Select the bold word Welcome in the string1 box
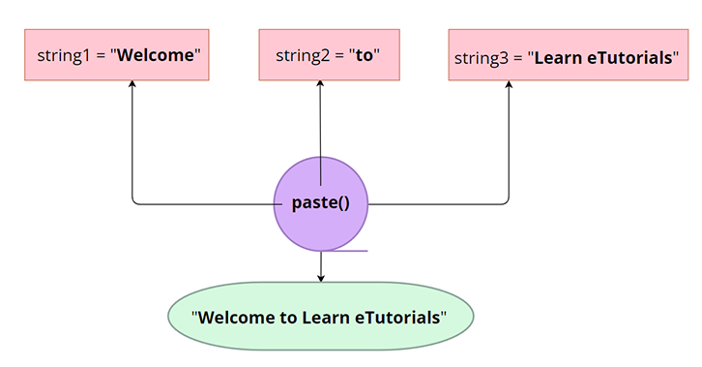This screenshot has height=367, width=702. point(157,55)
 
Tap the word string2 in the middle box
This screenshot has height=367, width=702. point(302,55)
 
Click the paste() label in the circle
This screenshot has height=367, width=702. point(320,203)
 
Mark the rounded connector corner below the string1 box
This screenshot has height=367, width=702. point(135,200)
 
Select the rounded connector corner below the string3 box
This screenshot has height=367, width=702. point(506,200)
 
